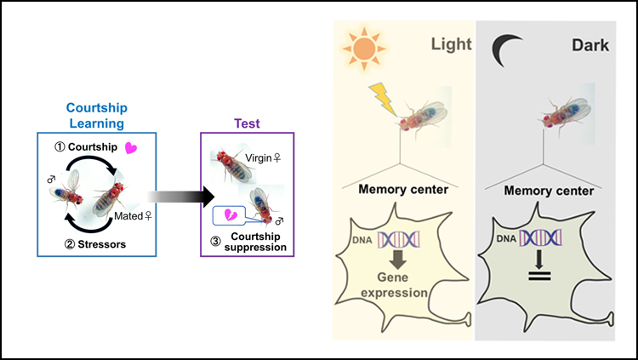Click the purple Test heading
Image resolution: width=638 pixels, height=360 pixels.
[x=246, y=123]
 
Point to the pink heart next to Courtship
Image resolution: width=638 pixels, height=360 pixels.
[x=131, y=147]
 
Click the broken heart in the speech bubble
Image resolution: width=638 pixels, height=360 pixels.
[x=228, y=214]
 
